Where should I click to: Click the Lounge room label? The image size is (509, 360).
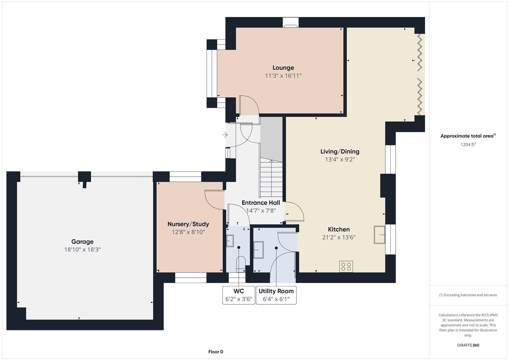pyautogui.click(x=283, y=68)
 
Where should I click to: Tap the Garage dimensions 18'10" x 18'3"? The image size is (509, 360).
pyautogui.click(x=82, y=250)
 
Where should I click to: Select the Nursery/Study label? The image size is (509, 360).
pyautogui.click(x=188, y=224)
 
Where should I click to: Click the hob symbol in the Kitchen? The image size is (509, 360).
pyautogui.click(x=346, y=266)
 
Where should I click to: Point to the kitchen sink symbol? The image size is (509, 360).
pyautogui.click(x=379, y=235)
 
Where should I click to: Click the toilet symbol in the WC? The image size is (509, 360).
pyautogui.click(x=241, y=264)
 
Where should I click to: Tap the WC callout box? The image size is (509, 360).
pyautogui.click(x=239, y=295)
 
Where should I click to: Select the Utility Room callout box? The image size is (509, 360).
pyautogui.click(x=276, y=295)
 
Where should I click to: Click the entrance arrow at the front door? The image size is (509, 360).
pyautogui.click(x=225, y=135)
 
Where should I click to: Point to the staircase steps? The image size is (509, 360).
pyautogui.click(x=271, y=177)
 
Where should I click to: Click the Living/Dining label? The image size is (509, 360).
pyautogui.click(x=340, y=152)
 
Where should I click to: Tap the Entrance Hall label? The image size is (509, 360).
pyautogui.click(x=261, y=203)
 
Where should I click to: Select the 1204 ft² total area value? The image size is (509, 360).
pyautogui.click(x=468, y=144)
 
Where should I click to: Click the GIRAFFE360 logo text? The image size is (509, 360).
pyautogui.click(x=468, y=345)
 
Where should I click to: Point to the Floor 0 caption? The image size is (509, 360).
pyautogui.click(x=216, y=352)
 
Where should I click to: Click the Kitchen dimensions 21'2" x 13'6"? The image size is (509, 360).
pyautogui.click(x=339, y=237)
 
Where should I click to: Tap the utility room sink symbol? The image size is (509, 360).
pyautogui.click(x=258, y=250)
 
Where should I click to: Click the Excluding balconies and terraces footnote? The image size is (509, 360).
pyautogui.click(x=468, y=295)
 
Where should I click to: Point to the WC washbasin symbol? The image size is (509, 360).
pyautogui.click(x=230, y=241)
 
